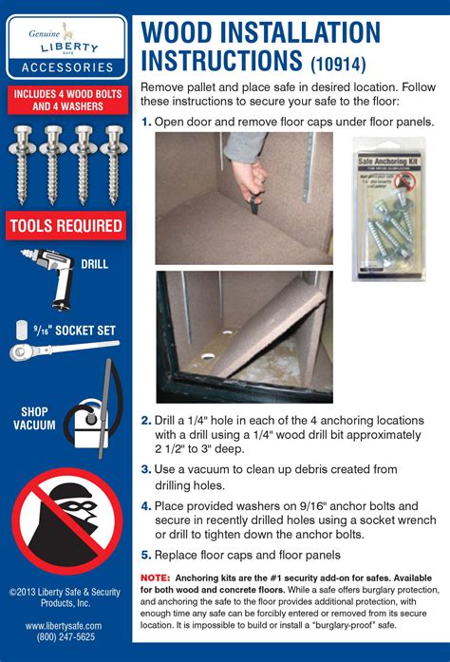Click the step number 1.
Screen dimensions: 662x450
coord(146,122)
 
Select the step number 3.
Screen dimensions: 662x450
coord(146,468)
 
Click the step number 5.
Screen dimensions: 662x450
coord(146,555)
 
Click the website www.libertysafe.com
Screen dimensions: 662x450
coord(64,625)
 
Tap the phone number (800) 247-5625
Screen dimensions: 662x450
coord(64,638)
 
